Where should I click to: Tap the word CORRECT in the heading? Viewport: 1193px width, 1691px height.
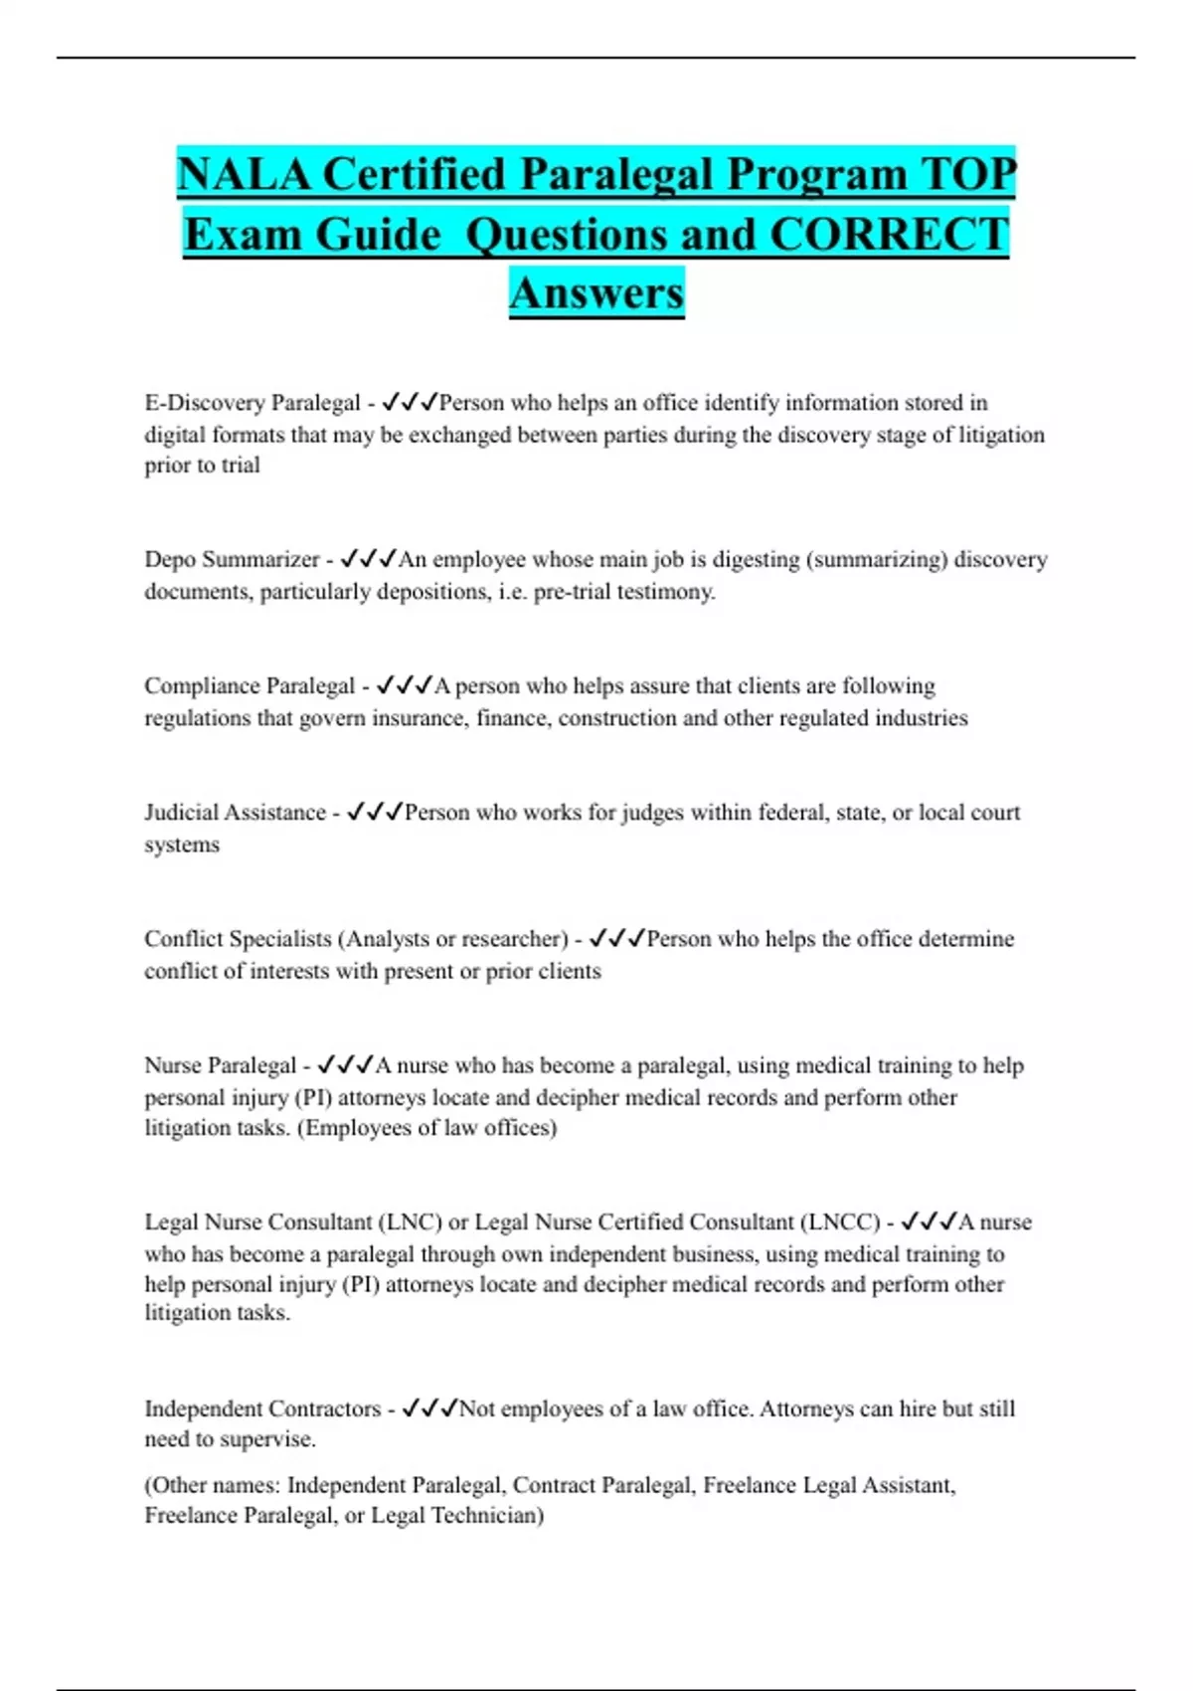click(890, 235)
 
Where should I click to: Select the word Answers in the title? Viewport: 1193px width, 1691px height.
click(596, 293)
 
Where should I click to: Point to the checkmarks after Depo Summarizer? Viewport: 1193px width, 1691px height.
click(368, 559)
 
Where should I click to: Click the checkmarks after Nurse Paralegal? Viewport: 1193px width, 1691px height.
click(345, 1065)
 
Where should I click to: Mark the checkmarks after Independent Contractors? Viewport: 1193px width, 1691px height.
click(429, 1409)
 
